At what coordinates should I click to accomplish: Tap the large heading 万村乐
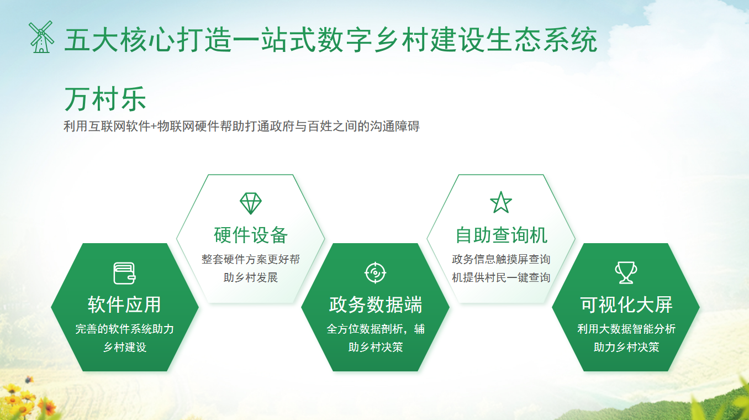coord(105,99)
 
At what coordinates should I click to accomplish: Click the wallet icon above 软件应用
coord(124,273)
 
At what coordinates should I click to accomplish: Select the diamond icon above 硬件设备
coord(251,203)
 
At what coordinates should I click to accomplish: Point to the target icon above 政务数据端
coord(375,273)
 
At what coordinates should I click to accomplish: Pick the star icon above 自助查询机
coord(501,202)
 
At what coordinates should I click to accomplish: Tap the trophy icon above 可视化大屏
coord(626,273)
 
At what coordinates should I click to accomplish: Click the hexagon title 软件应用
coord(124,305)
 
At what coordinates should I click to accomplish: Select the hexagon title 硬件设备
coord(251,235)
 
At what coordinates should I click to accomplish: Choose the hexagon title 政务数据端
coord(375,305)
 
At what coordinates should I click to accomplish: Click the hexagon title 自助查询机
coord(501,235)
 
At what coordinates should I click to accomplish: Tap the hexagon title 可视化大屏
coord(626,305)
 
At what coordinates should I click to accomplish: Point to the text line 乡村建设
coord(124,348)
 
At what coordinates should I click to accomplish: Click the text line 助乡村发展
coord(251,277)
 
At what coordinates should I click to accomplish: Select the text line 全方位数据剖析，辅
coord(375,329)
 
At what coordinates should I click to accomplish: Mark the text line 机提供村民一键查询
coord(501,277)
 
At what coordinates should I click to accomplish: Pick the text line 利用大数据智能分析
coord(626,329)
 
